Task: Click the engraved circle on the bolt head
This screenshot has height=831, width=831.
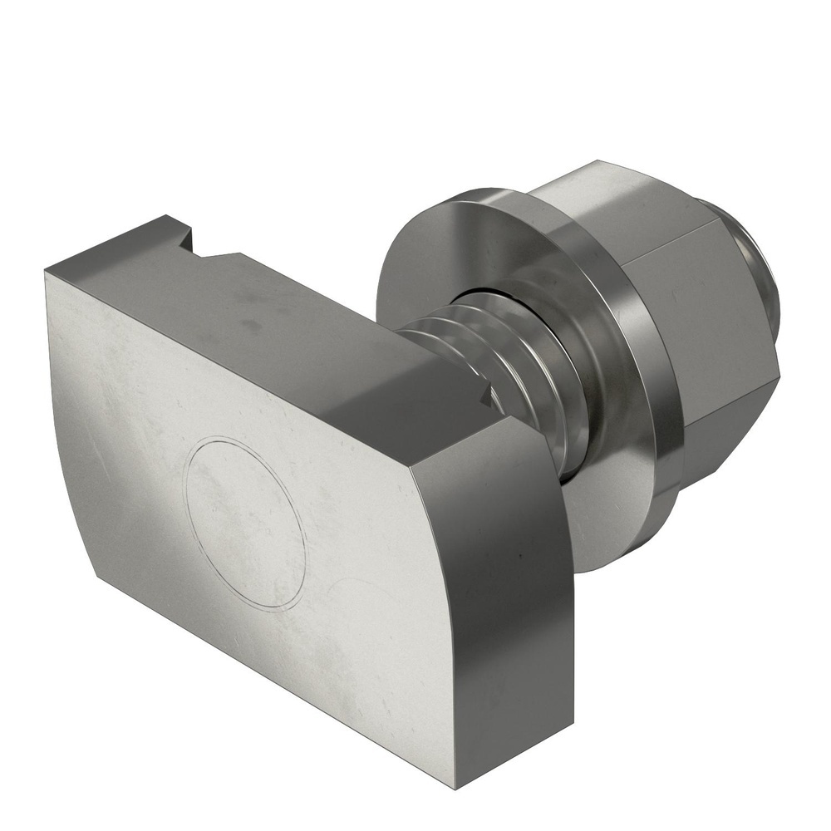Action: click(x=245, y=524)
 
